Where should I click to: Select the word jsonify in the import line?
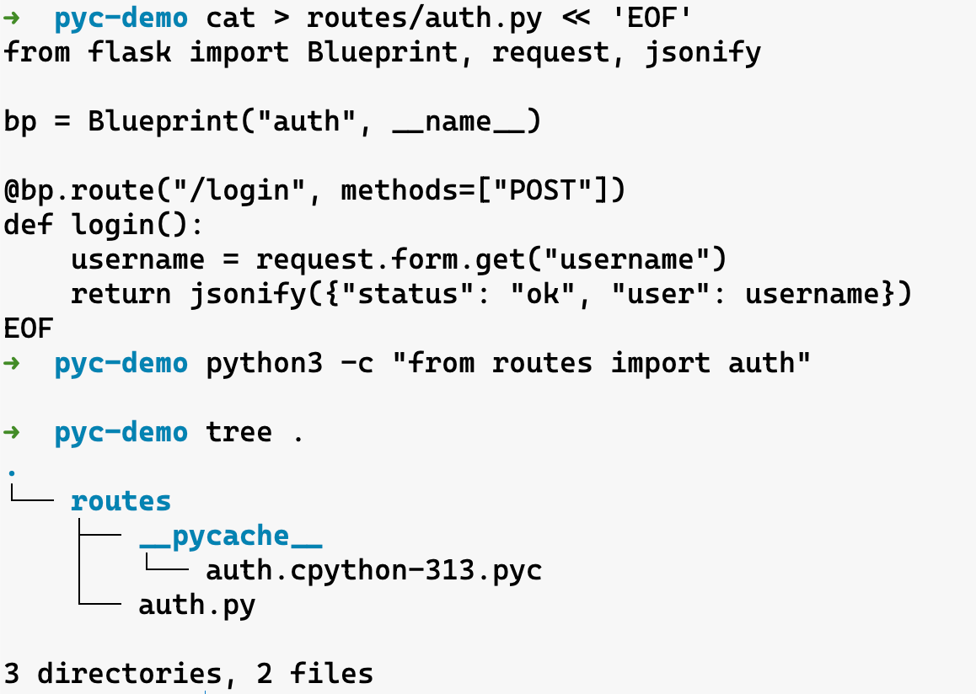702,52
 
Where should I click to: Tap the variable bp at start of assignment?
20,121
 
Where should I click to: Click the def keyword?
29,225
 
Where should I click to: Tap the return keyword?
121,294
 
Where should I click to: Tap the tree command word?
239,432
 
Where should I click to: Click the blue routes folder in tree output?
121,501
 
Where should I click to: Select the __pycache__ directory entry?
231,536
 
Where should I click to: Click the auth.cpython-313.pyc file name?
373,570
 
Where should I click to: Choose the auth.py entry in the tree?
196,605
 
